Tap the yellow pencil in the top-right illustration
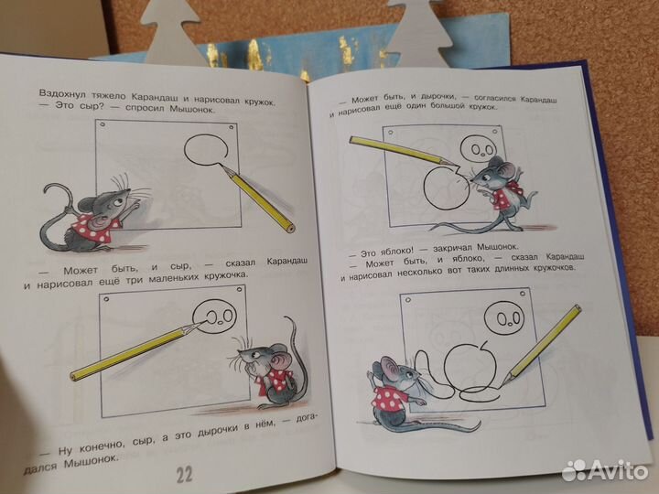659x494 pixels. tap(399, 150)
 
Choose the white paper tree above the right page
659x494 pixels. tap(417, 22)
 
